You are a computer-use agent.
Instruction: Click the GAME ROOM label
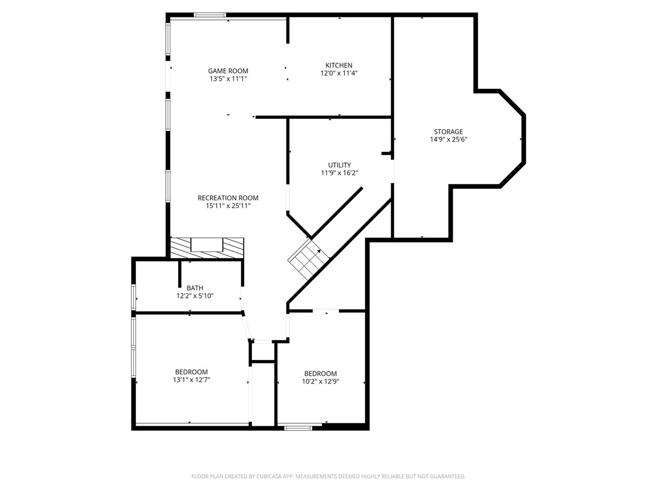228,71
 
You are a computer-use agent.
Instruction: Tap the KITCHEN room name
339,65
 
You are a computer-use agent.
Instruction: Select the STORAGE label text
448,131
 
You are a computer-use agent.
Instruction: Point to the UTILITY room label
339,165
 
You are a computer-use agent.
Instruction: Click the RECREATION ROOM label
228,198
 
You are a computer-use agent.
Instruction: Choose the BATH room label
195,288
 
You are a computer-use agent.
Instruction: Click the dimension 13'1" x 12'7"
191,380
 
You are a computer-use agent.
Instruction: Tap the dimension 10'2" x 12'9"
320,382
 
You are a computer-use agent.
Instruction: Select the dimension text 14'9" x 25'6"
448,139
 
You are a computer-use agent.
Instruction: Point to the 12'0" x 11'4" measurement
339,73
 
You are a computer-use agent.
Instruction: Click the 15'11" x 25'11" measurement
228,205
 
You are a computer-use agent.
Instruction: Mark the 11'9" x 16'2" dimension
339,173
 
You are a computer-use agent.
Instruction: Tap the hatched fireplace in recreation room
207,247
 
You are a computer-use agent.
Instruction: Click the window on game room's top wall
210,15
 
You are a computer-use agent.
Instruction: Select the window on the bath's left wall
134,297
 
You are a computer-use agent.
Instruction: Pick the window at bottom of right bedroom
298,427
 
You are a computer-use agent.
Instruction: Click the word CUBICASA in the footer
266,477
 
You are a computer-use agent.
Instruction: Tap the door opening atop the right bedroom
326,311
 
